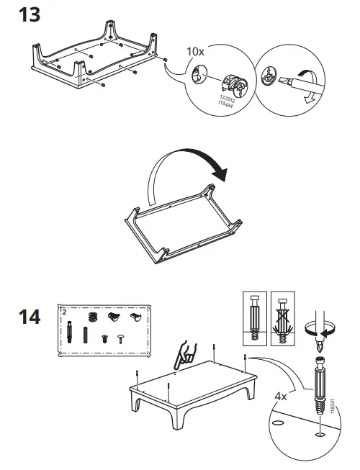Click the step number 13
[30, 15]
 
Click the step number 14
[30, 317]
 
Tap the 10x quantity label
[195, 52]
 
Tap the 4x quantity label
[281, 397]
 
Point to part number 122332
[228, 99]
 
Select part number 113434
[225, 104]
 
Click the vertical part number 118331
[332, 407]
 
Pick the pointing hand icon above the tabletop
[185, 356]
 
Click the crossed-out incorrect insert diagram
[283, 319]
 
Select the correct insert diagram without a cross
[254, 319]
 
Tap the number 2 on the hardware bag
[65, 312]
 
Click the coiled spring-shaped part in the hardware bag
[93, 317]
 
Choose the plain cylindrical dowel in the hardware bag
[86, 335]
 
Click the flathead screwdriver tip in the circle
[284, 81]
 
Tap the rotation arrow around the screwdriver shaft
[320, 330]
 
